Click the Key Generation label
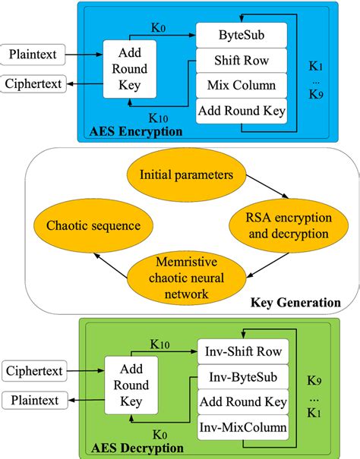tap(295, 303)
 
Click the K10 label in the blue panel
tap(158, 118)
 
